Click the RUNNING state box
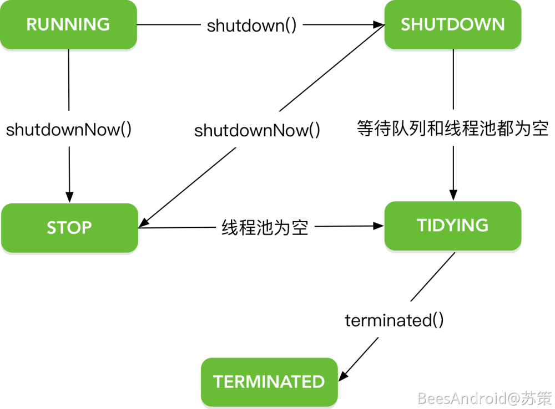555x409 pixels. click(68, 25)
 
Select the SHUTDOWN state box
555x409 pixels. click(453, 25)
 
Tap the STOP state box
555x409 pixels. click(69, 228)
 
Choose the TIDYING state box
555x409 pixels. click(453, 226)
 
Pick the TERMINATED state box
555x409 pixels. click(269, 382)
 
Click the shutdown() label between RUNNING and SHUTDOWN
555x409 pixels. click(252, 25)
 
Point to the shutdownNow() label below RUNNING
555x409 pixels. click(69, 130)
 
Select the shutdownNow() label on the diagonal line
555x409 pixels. click(258, 131)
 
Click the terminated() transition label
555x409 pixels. click(394, 320)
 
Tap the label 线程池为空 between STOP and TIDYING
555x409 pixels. click(265, 227)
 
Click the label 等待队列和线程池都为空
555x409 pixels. click(453, 129)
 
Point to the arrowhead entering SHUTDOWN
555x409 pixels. click(380, 25)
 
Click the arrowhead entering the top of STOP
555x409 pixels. click(69, 197)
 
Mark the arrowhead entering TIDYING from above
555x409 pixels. click(453, 195)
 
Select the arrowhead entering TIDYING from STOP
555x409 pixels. click(380, 226)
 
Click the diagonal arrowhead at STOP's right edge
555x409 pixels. click(143, 223)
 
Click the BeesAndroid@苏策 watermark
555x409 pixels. click(485, 398)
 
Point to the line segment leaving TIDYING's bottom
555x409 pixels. click(433, 277)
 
